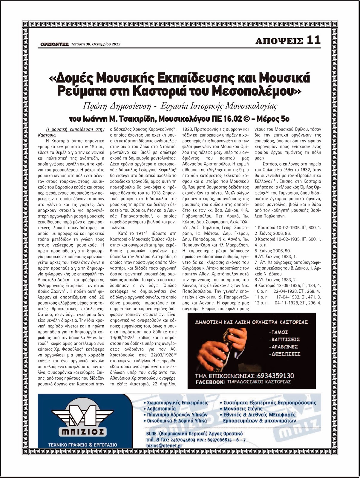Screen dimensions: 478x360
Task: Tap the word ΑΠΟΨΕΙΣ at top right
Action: pyautogui.click(x=279, y=41)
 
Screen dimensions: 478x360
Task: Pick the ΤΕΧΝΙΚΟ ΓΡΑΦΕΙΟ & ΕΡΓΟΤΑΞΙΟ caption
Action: pyautogui.click(x=83, y=445)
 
